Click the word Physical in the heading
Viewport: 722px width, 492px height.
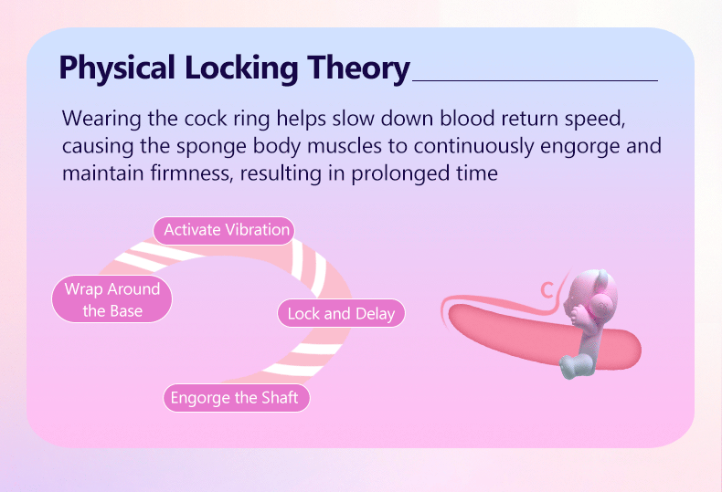click(x=117, y=68)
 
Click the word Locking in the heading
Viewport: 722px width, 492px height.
click(x=242, y=68)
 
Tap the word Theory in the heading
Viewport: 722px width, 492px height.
click(x=358, y=68)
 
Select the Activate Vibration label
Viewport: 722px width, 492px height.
click(x=224, y=230)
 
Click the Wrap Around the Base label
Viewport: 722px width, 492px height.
click(x=111, y=299)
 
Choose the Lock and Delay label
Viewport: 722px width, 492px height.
click(x=341, y=314)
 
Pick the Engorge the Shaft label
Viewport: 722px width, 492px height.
click(x=237, y=398)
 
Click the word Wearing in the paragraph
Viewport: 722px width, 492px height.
click(x=101, y=120)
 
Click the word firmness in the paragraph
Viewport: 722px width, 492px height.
click(x=193, y=174)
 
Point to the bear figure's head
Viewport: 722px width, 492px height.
click(x=590, y=295)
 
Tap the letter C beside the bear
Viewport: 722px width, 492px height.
click(x=547, y=290)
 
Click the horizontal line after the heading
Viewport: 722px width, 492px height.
click(x=535, y=81)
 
